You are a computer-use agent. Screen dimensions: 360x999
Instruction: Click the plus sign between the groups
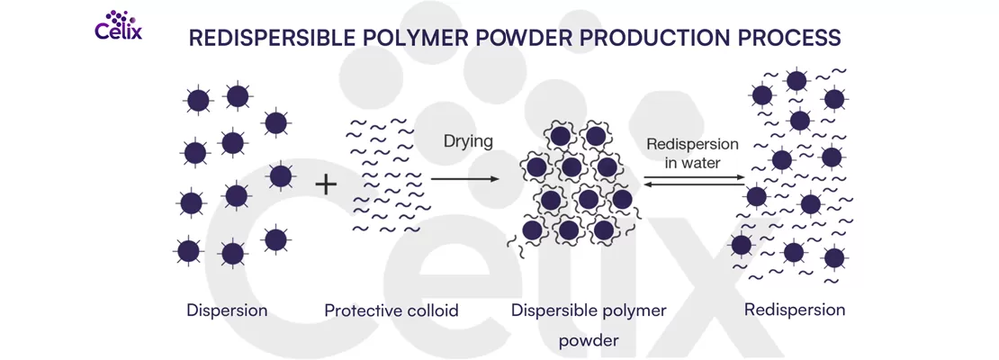tap(326, 185)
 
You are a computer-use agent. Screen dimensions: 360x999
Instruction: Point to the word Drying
tap(468, 141)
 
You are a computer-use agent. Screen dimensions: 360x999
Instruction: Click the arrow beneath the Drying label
tap(464, 179)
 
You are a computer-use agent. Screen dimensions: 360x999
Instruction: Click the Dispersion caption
tap(227, 310)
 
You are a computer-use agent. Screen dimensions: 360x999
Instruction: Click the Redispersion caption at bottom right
tap(795, 310)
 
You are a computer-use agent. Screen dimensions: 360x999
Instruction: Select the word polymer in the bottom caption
tap(637, 311)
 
